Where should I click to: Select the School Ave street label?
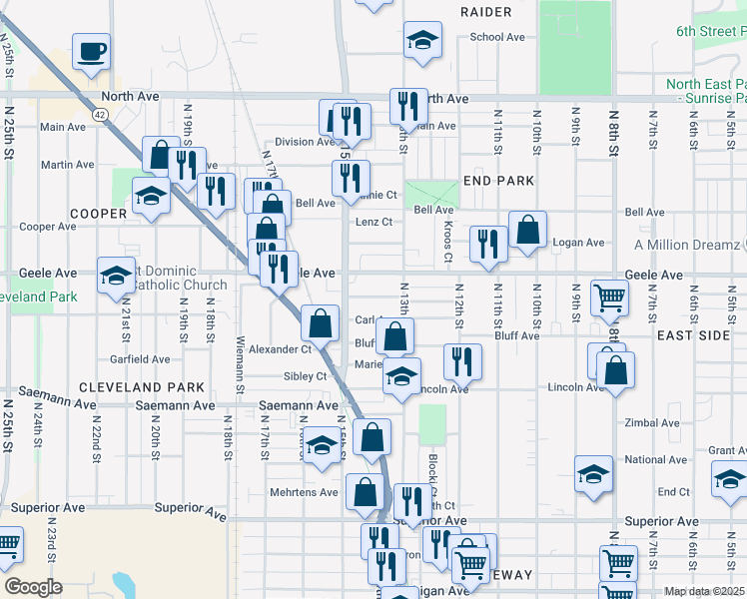click(497, 38)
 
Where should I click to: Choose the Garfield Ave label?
click(140, 359)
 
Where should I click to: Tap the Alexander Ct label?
click(281, 349)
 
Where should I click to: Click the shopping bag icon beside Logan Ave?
click(527, 230)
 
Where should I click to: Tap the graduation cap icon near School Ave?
click(422, 41)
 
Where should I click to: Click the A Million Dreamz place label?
click(688, 245)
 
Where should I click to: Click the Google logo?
click(33, 587)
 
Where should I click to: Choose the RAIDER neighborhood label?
click(486, 12)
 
